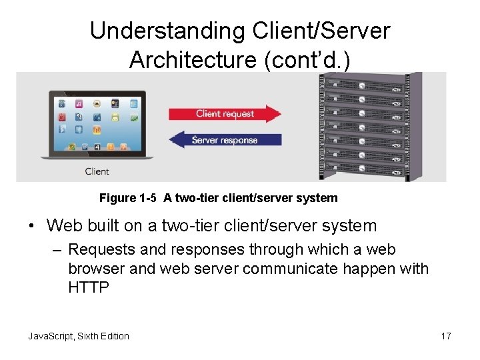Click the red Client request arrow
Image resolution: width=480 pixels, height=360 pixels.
point(225,113)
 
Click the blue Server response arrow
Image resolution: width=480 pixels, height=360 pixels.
point(224,140)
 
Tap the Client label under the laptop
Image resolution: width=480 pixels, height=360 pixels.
point(97,171)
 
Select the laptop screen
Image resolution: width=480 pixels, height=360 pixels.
point(98,124)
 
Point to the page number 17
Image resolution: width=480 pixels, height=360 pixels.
point(446,336)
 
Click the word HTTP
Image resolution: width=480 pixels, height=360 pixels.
point(89,287)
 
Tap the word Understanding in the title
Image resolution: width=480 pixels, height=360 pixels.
point(167,31)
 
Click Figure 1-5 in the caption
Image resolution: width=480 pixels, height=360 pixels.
point(127,198)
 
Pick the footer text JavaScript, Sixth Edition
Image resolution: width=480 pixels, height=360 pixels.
point(79,336)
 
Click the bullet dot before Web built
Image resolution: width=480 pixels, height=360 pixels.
point(32,227)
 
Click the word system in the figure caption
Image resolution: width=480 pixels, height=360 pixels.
point(319,198)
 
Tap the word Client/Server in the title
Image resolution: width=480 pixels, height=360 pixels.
point(320,31)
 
